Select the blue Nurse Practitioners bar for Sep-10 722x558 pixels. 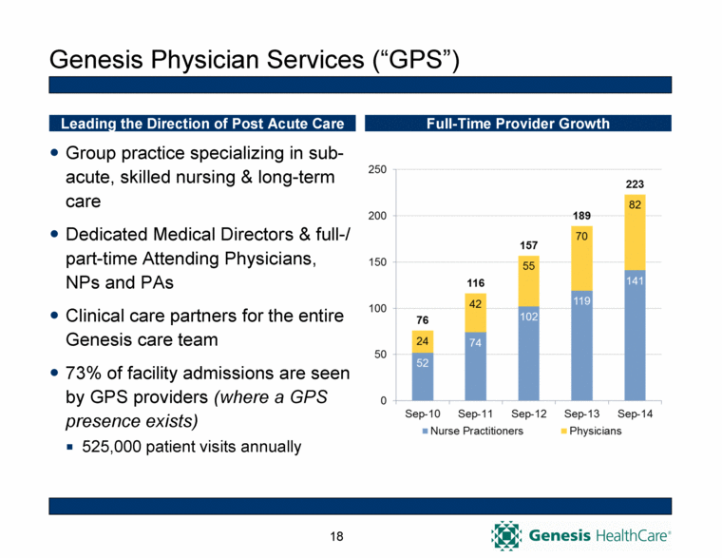tap(422, 376)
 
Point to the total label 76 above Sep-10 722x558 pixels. tap(422, 318)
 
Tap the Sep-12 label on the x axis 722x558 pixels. tap(528, 414)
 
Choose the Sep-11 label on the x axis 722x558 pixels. tap(475, 414)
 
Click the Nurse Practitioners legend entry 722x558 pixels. tap(471, 431)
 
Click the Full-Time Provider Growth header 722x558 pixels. tap(518, 124)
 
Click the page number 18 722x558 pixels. tap(336, 537)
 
